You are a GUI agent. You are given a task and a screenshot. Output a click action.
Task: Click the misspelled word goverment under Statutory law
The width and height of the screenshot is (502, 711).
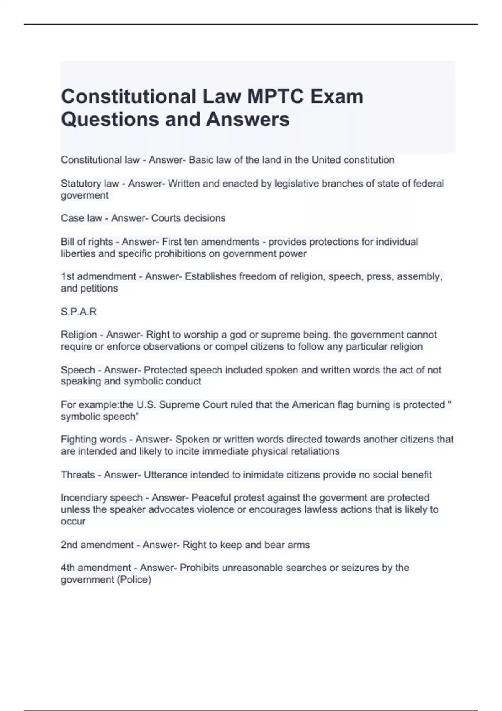[85, 195]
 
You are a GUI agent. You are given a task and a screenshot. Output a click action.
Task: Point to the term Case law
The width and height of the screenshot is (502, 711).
[81, 218]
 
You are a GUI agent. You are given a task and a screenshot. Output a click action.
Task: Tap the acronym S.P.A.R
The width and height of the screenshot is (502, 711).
[79, 312]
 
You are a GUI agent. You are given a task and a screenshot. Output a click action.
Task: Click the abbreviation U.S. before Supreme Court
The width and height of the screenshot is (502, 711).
[145, 405]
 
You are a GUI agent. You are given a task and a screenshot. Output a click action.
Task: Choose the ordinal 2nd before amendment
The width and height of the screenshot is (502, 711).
[69, 545]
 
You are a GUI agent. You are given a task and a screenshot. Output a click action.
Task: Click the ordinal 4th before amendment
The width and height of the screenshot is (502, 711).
[68, 568]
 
